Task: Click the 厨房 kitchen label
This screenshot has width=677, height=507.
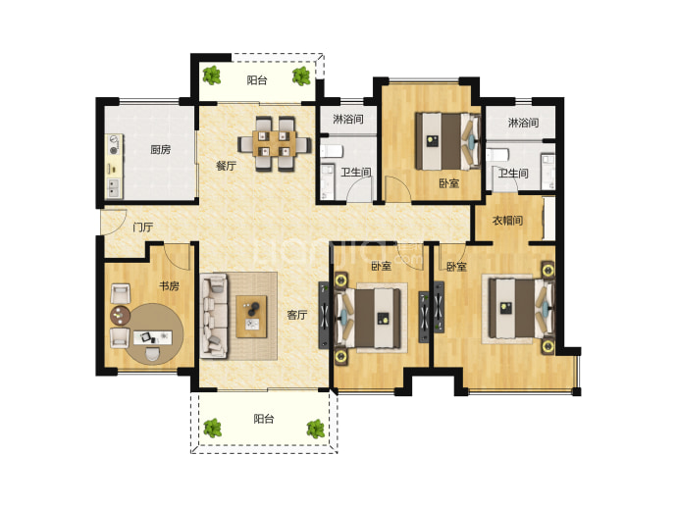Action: tap(160, 150)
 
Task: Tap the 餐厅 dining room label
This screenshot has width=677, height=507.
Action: tap(226, 166)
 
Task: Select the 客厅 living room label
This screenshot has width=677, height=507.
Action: tap(297, 315)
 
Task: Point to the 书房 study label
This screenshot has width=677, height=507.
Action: tap(169, 285)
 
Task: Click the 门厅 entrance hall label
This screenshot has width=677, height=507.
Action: tap(143, 227)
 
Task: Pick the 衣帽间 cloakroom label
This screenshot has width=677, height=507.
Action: tap(508, 221)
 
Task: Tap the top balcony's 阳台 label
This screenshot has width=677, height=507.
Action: tap(257, 80)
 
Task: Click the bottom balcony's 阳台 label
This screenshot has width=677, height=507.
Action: tap(263, 419)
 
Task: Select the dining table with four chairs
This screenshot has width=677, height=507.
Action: tap(275, 144)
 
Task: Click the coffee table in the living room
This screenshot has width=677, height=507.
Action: tap(251, 317)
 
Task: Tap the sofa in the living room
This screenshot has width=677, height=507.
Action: tap(214, 316)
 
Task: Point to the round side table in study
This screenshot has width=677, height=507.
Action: tap(120, 316)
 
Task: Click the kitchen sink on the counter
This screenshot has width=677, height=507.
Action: tap(114, 188)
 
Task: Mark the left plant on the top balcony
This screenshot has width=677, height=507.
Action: tap(212, 76)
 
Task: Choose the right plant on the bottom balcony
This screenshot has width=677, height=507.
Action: tap(316, 429)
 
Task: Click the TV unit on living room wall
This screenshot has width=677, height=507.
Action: tap(324, 316)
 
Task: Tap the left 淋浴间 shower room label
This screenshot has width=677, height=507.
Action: tap(348, 119)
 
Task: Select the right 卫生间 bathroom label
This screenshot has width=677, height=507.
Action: tap(513, 174)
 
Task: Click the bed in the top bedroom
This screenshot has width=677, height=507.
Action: tap(448, 141)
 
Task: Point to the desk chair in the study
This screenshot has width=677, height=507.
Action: tap(152, 355)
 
